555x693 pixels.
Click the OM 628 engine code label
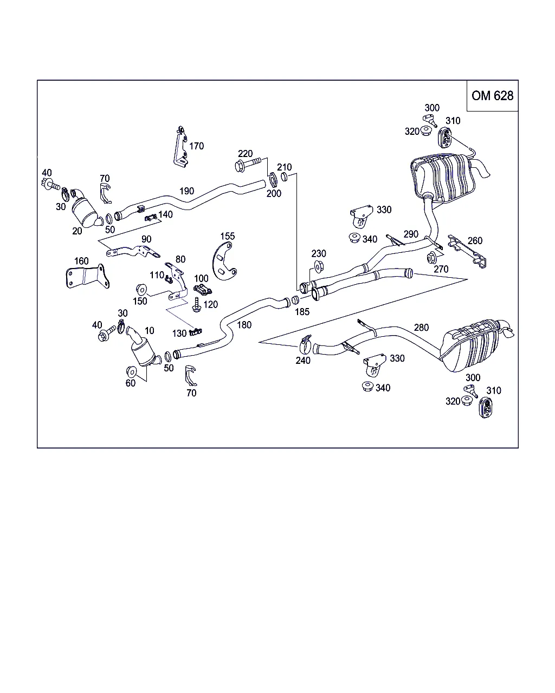pos(492,96)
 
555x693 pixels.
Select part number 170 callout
pos(197,146)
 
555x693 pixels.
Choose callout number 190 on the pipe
pos(186,191)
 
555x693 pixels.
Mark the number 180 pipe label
pos(244,325)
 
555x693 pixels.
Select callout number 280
pos(421,327)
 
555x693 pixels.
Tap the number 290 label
pos(411,234)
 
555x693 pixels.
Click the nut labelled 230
pos(319,266)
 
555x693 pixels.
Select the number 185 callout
pos(302,312)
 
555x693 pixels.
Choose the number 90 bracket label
pos(146,239)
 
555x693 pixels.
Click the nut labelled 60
pos(131,371)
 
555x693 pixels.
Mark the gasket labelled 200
pos(273,179)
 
